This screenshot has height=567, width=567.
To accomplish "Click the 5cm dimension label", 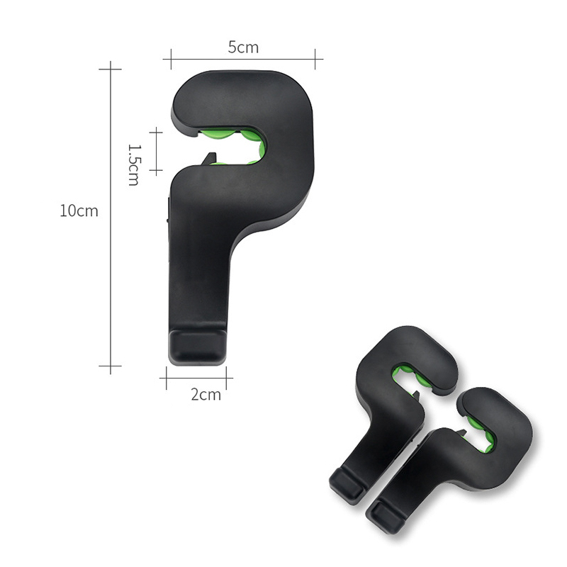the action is coord(243,47).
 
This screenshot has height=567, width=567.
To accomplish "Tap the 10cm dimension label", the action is coord(79,210).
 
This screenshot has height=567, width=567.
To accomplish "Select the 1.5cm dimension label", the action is coord(133,165).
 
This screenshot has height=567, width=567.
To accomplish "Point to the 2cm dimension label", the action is coord(206,395).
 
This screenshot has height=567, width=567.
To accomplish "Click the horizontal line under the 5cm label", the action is coord(243,59).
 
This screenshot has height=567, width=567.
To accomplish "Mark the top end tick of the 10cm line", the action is coord(111,69).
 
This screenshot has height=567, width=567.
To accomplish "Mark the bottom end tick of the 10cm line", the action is coord(111,366).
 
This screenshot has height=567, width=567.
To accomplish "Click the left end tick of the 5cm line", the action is coord(171,59).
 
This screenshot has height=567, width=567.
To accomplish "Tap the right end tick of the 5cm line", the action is coord(315,59).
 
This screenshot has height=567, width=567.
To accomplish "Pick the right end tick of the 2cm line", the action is coord(226,378).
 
